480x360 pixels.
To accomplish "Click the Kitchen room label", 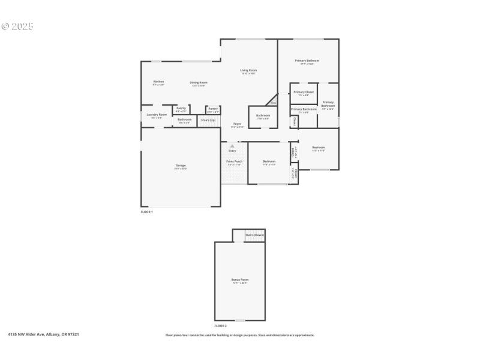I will coord(158,82).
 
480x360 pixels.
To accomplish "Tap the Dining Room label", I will coord(199,82).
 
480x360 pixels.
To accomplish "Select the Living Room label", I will coord(248,71).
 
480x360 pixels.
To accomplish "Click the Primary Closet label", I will coord(304,92).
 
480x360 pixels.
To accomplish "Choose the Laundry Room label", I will coord(157,114).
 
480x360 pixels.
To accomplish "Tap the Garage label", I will coord(181,165).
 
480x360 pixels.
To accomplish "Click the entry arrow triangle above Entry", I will coord(232,145).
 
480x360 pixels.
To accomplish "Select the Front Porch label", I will coord(234,161).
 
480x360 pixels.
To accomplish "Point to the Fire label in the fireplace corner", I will coord(273,103).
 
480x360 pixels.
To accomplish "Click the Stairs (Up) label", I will coord(208,120).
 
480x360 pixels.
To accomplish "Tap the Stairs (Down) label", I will coord(254,235).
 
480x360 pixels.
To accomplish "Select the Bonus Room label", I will coord(240,280).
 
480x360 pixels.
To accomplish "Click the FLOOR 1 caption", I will coord(147,212).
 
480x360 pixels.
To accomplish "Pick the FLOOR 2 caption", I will coord(221,325).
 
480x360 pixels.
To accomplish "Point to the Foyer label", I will coord(238,124).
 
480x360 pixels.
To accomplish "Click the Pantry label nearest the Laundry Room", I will coord(181,108).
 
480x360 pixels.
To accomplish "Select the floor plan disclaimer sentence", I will coord(240,335).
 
